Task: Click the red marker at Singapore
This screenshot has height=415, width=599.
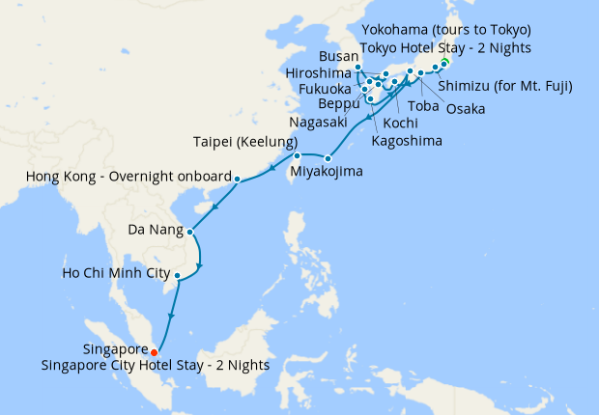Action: coord(154,352)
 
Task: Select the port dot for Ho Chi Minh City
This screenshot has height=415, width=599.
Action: coord(177,276)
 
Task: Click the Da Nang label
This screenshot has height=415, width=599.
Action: coord(155,231)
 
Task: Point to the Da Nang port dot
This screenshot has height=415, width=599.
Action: coord(190,232)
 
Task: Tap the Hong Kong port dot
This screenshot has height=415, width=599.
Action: coord(237,179)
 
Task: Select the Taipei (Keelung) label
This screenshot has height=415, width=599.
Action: coord(234,140)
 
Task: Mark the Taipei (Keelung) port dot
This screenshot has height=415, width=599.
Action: coord(298,155)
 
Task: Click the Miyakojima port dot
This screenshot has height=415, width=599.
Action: coord(328,158)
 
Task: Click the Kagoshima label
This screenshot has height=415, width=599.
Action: coord(407,141)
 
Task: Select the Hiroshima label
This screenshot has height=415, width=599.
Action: coord(319,73)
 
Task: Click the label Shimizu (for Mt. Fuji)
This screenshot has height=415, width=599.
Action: coord(505,86)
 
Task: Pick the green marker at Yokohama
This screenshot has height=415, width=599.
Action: coord(444,64)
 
